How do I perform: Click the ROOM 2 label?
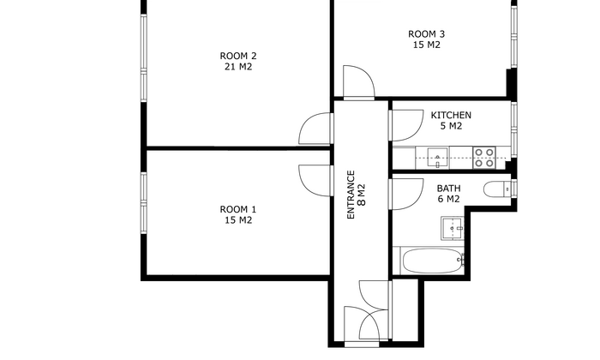(238, 56)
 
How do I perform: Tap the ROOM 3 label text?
(426, 34)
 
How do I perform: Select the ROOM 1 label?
(238, 209)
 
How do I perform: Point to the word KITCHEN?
(451, 115)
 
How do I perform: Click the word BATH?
(448, 189)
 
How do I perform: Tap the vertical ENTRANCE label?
(351, 195)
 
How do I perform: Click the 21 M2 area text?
(238, 67)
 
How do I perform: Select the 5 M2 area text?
(451, 126)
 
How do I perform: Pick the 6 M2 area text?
(448, 199)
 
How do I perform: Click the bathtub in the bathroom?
(433, 261)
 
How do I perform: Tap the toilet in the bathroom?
(497, 189)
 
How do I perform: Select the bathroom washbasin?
(453, 228)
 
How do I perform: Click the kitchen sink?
(438, 157)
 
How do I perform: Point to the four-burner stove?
(484, 158)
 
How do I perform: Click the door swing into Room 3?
(358, 82)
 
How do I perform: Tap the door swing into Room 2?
(315, 129)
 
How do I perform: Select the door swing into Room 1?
(315, 181)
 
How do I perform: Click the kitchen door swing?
(406, 125)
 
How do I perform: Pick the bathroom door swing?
(406, 195)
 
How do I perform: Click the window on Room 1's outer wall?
(144, 203)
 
